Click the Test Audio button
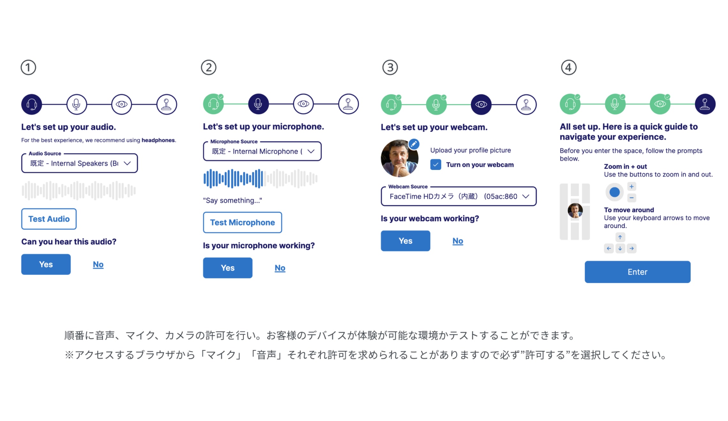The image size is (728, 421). (49, 219)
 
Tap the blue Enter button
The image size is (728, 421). (637, 272)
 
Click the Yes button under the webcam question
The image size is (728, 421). (405, 241)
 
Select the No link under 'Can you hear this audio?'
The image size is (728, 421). (98, 264)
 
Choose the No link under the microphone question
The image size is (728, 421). (280, 268)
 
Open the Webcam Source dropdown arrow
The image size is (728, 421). (526, 196)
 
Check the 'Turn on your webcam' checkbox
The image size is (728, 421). (436, 165)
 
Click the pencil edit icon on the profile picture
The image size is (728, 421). (414, 144)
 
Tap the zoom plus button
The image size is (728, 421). (632, 187)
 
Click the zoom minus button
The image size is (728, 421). (632, 198)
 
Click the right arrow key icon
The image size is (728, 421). (632, 248)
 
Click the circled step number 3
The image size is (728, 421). (390, 68)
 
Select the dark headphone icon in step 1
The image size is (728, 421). (32, 104)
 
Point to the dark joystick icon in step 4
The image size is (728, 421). (705, 104)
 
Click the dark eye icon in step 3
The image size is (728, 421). (481, 104)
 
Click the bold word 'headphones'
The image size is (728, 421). (158, 140)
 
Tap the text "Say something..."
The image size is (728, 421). (232, 200)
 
